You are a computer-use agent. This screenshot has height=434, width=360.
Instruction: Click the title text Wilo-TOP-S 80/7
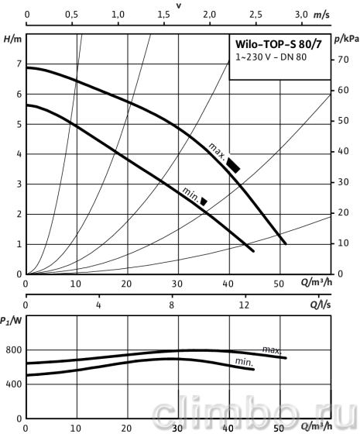[279, 44]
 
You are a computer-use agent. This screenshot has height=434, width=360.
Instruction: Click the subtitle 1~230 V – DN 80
[271, 57]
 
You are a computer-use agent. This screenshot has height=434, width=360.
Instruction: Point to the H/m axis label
[12, 40]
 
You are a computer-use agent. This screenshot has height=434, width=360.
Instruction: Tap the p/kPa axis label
[347, 40]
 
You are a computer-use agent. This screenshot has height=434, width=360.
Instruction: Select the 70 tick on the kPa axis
[343, 60]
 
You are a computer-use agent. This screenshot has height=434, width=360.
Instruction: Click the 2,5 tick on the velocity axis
[255, 15]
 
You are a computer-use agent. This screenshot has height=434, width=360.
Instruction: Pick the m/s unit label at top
[321, 15]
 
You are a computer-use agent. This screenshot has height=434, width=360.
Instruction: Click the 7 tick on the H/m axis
[19, 64]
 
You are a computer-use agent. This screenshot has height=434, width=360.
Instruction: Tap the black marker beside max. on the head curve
[233, 165]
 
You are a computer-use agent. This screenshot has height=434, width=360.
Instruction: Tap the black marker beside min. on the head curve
[204, 201]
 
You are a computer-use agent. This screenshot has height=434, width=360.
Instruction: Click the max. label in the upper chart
[217, 150]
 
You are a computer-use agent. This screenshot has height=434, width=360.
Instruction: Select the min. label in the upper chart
[190, 195]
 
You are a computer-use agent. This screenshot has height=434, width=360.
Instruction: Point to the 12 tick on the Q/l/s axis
[244, 305]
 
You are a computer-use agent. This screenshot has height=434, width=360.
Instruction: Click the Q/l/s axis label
[321, 305]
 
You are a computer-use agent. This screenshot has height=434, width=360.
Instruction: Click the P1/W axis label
[11, 321]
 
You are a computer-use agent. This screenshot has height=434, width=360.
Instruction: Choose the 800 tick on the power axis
[14, 350]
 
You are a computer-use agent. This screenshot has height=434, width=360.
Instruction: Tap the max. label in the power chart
[272, 350]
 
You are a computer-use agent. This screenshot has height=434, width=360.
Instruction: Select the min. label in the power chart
[244, 362]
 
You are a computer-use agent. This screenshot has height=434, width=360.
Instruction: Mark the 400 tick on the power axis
[14, 384]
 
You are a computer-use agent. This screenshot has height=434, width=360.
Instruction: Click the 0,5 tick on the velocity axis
[71, 15]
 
